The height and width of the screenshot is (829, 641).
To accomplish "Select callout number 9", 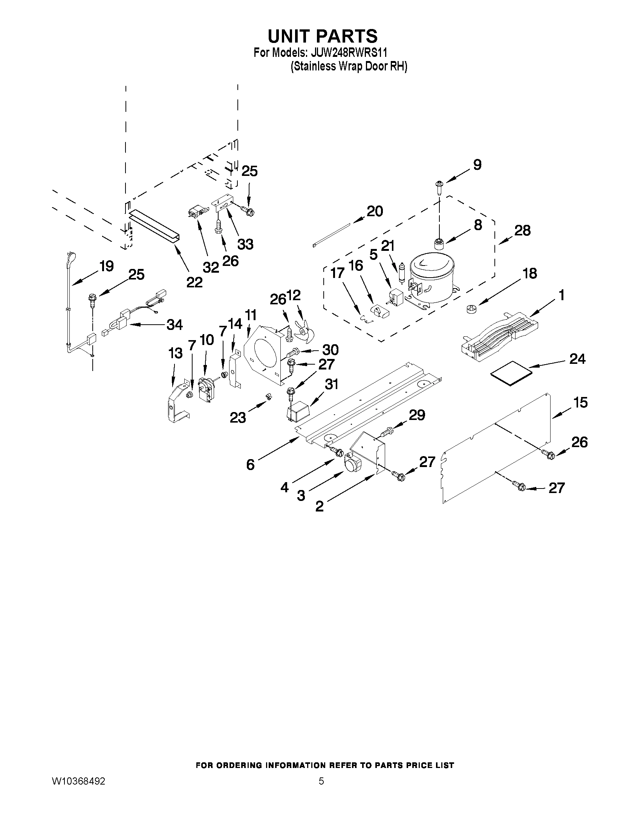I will click(477, 164).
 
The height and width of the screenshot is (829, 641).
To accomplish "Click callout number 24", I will click(577, 359).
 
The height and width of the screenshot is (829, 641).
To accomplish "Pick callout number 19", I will click(107, 266).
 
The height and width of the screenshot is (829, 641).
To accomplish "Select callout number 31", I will click(331, 385).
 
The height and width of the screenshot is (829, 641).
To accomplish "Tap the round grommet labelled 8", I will click(439, 242).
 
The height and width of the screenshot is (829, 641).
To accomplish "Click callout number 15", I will click(580, 402).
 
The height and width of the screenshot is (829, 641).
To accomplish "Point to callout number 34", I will click(175, 325).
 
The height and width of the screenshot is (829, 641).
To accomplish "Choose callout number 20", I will click(375, 211).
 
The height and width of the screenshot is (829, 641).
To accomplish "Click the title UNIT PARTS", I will click(323, 36).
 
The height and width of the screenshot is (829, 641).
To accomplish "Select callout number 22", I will click(194, 282).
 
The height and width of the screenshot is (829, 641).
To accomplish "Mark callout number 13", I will click(176, 353).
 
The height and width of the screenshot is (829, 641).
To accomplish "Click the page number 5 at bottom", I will click(321, 781).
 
